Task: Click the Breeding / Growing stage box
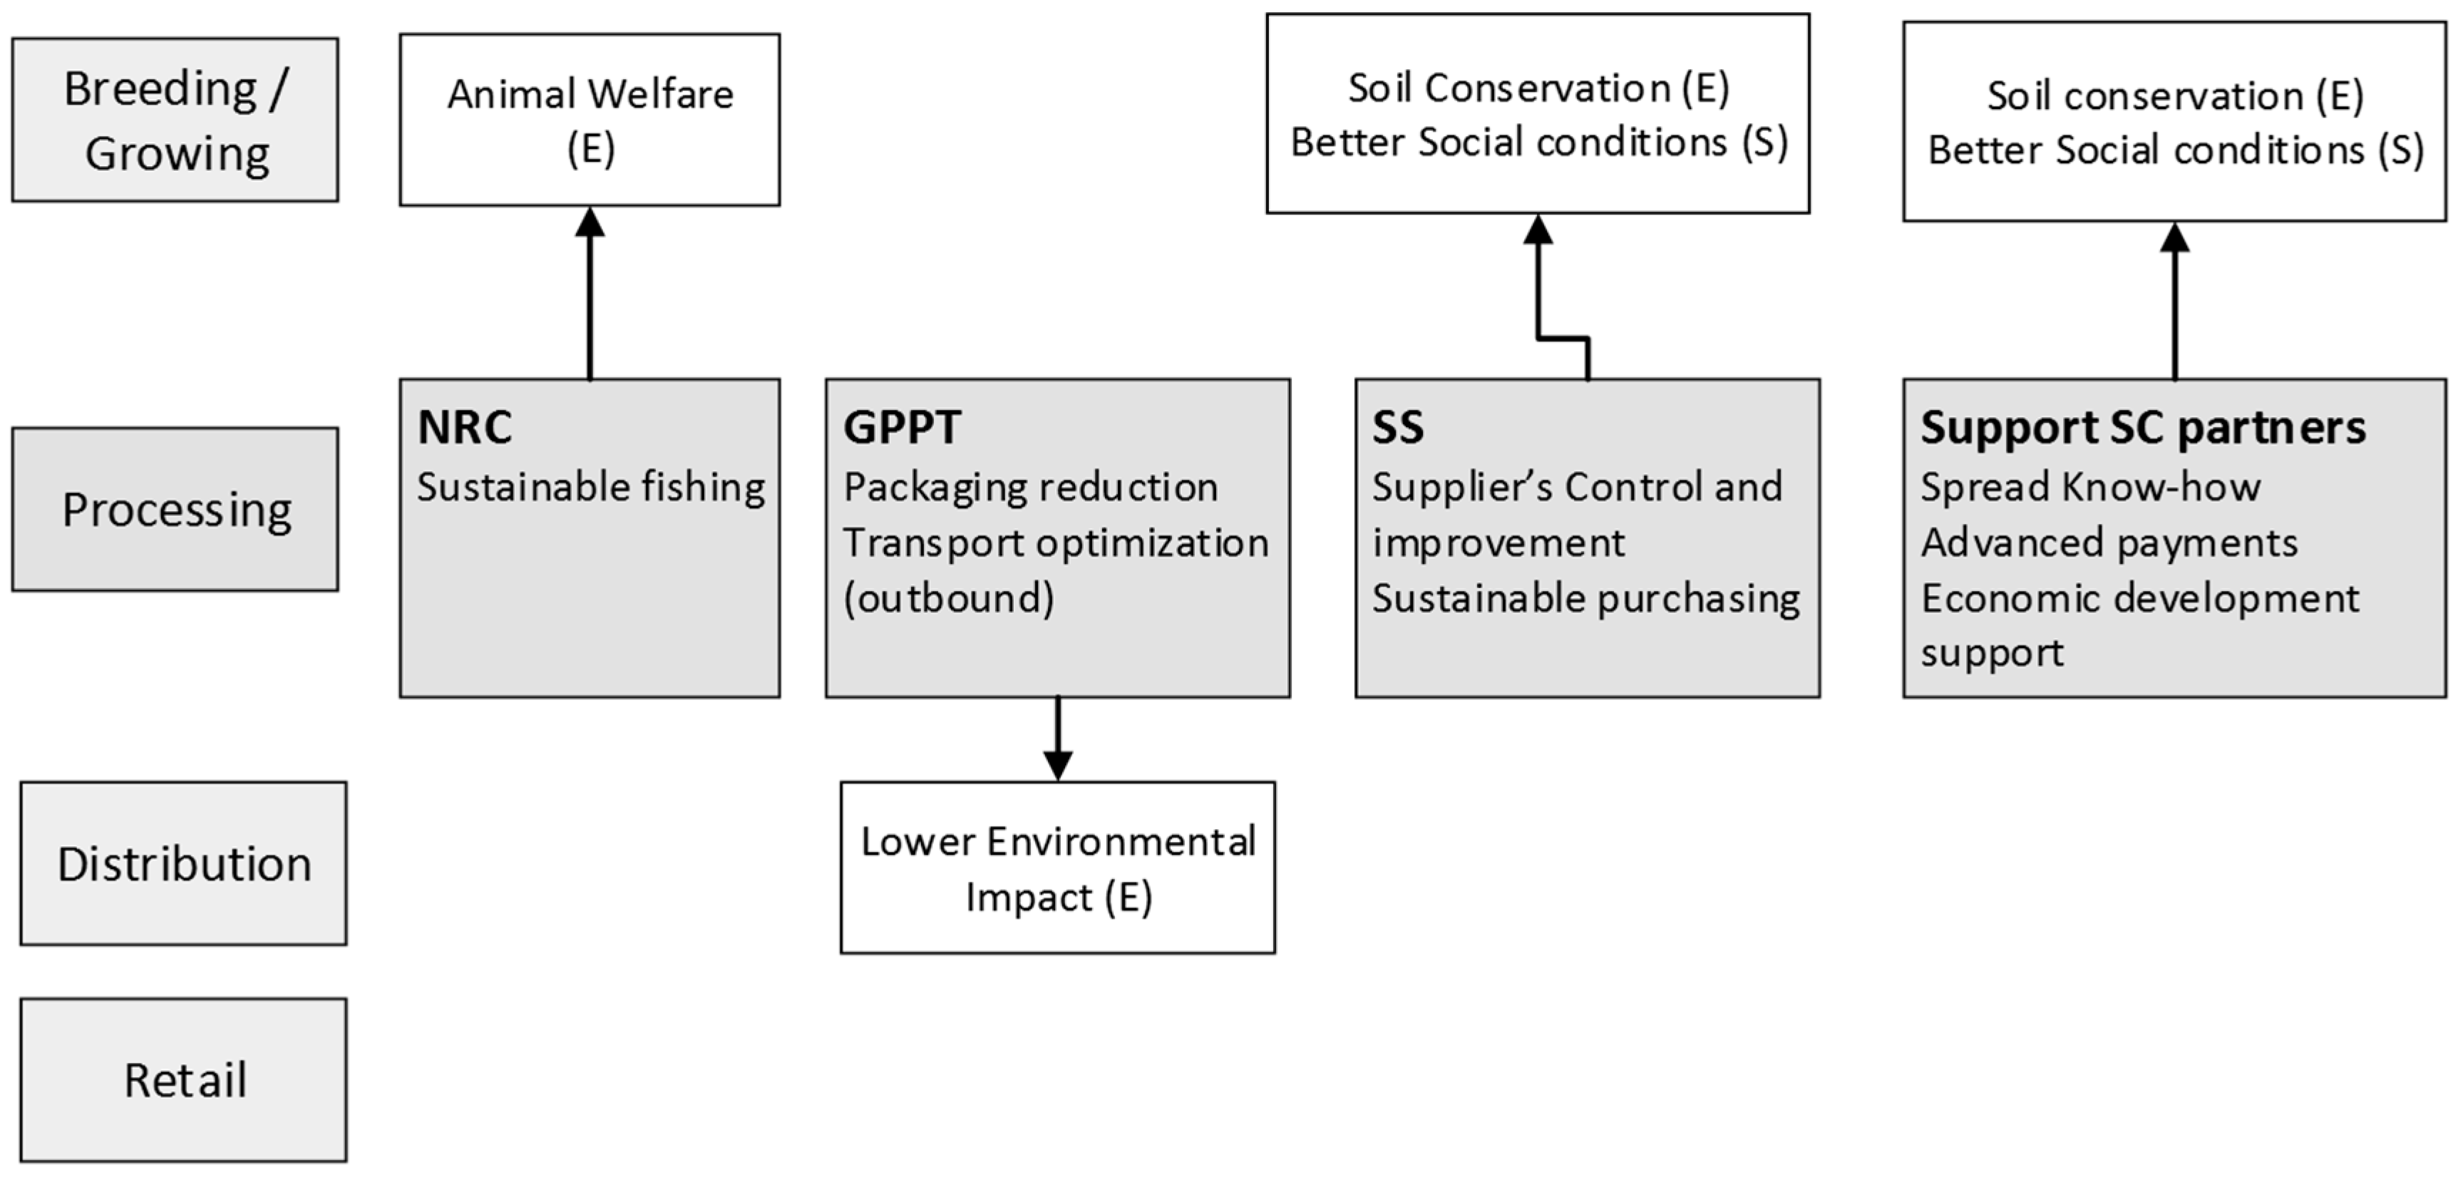point(175,120)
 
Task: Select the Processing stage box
point(175,509)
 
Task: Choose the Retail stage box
point(183,1079)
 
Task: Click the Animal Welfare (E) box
point(590,120)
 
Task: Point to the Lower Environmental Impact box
point(1057,868)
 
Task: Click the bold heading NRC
point(465,427)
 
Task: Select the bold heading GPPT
point(902,427)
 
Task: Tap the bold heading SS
point(1398,427)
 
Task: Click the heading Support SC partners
point(2143,427)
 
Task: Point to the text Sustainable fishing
point(591,487)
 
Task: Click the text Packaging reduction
point(1031,487)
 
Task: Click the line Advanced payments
point(2109,543)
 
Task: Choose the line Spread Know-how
point(2089,487)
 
